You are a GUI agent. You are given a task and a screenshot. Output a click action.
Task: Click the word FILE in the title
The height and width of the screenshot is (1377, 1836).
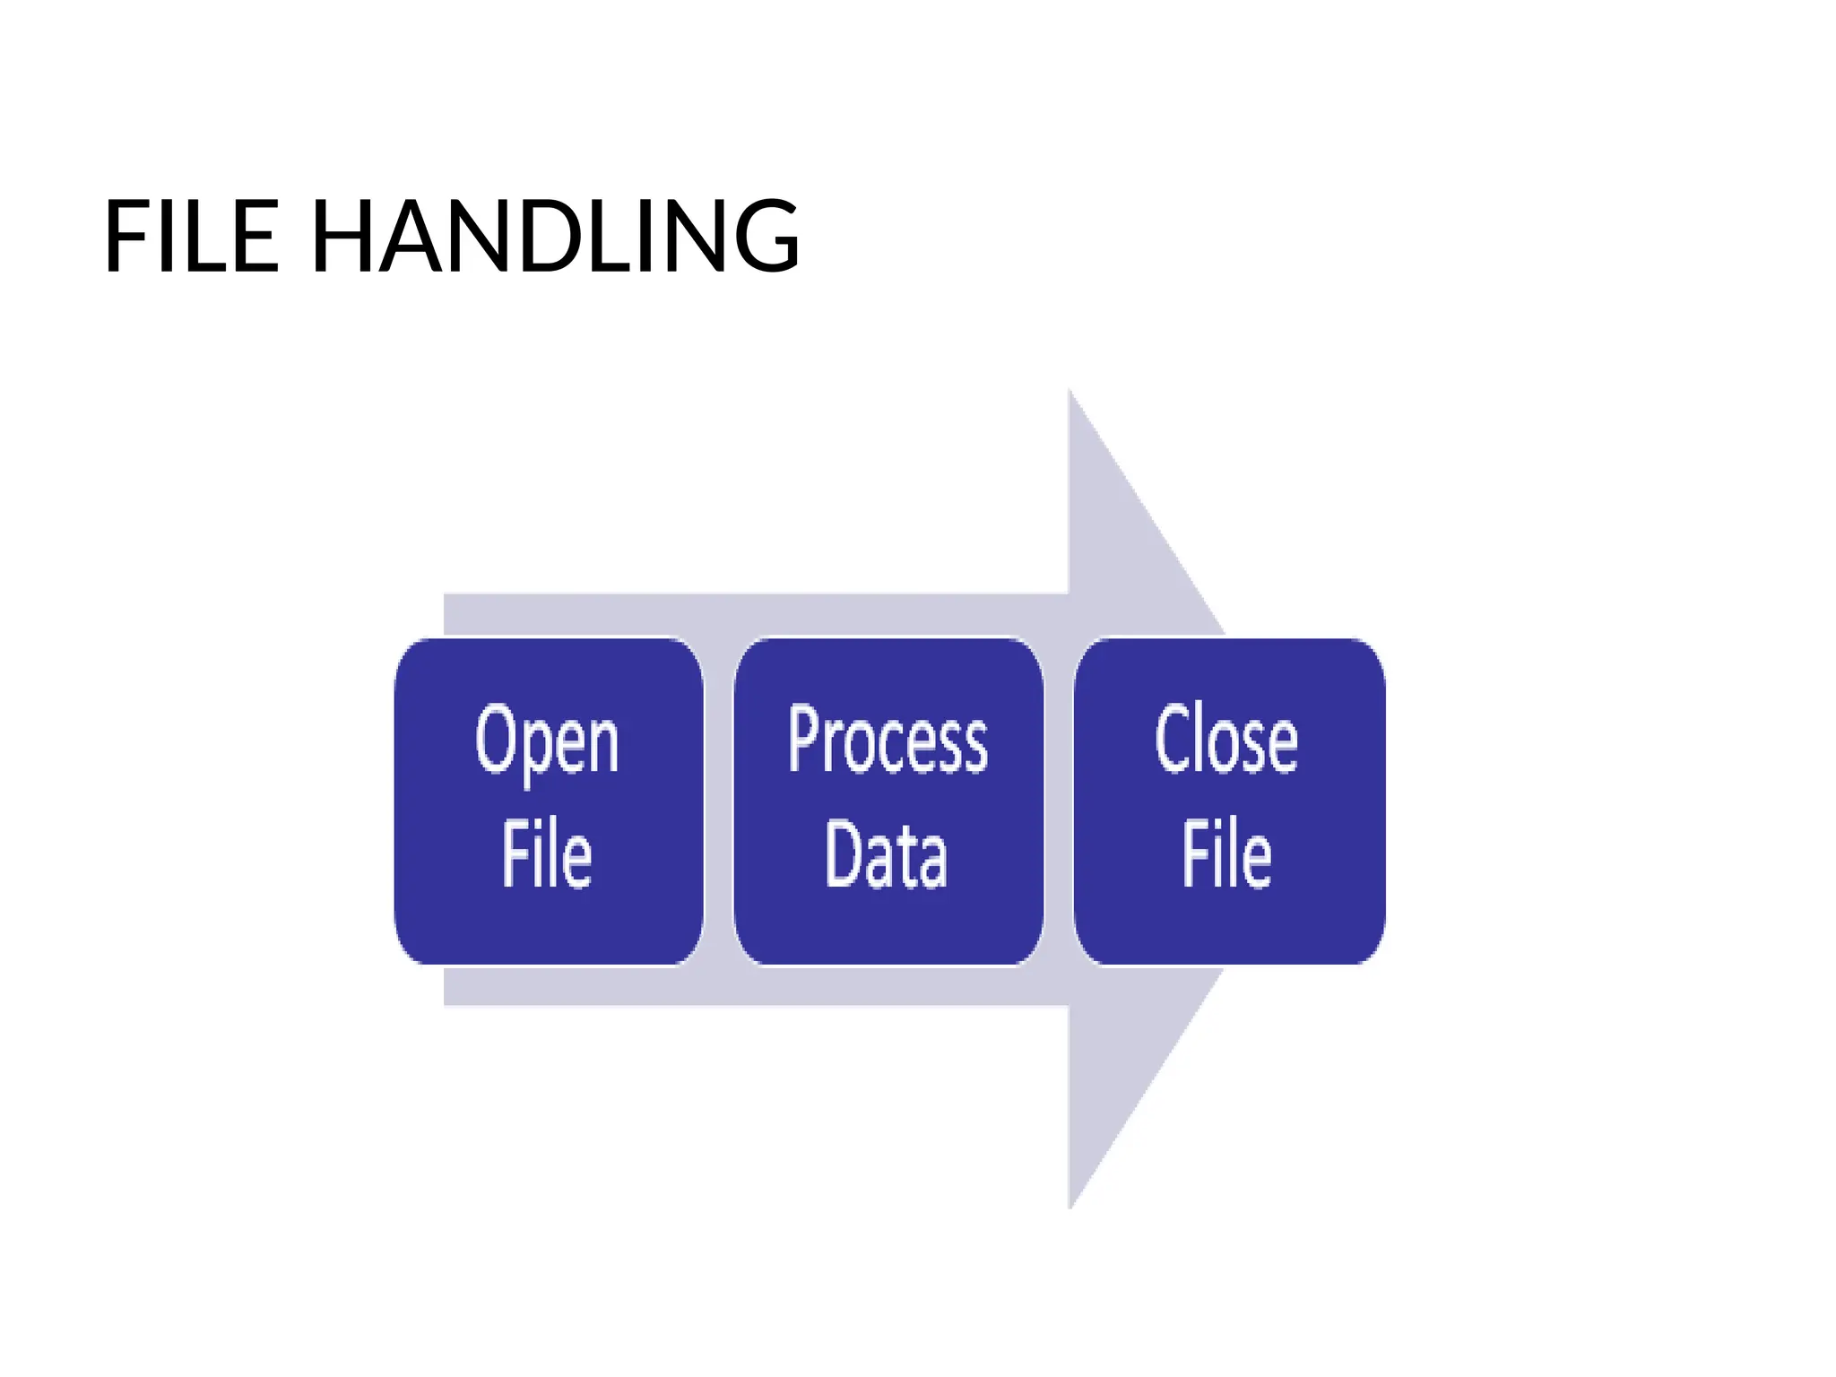coord(192,236)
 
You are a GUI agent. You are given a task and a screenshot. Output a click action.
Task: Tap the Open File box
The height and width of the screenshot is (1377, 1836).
coord(549,801)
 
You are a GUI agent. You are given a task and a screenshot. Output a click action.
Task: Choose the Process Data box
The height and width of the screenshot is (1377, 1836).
coord(888,801)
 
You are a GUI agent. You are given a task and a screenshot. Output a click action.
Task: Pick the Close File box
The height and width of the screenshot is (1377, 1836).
coord(1229,801)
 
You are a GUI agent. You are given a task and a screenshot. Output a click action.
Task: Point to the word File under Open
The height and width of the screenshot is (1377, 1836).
coord(547,853)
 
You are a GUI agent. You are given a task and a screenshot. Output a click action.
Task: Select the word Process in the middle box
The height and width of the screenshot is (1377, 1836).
coord(888,740)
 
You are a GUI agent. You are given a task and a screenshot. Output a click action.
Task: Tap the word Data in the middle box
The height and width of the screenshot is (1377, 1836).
coord(886,853)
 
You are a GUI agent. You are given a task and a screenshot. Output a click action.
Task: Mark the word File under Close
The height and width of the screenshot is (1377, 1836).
coord(1226,853)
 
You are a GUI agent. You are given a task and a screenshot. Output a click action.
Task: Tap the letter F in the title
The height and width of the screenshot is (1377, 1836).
coord(128,236)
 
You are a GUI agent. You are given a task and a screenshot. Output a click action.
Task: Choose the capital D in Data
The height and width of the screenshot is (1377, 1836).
coord(842,853)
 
